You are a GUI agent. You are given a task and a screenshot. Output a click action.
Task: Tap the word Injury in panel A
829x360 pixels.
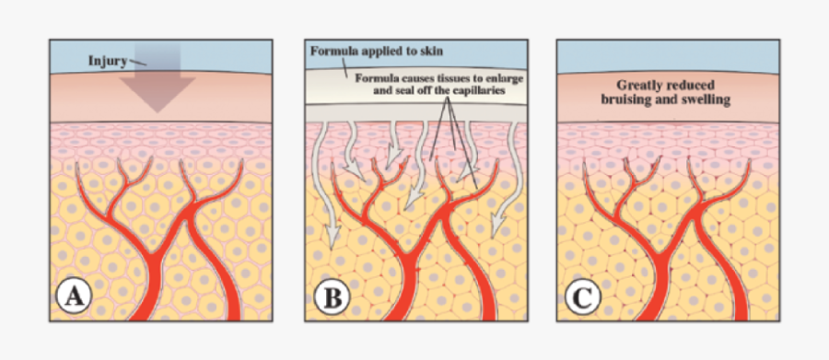pos(108,61)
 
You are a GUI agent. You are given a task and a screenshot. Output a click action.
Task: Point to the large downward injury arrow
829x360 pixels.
pos(157,87)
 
